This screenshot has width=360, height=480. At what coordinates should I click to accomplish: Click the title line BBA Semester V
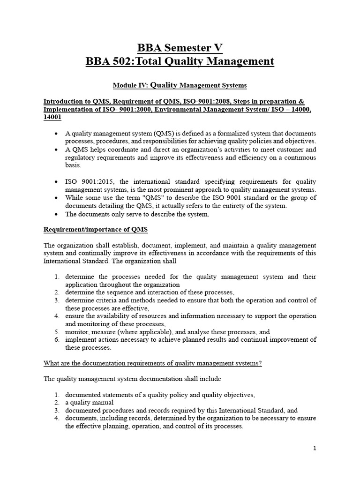point(180,48)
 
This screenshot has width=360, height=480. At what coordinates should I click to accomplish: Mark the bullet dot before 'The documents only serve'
point(56,214)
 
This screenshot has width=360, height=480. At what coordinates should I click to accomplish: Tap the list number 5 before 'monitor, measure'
point(56,332)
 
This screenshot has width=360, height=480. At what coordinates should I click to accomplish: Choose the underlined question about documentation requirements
point(152,363)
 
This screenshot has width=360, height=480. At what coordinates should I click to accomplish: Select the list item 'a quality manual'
point(89,403)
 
